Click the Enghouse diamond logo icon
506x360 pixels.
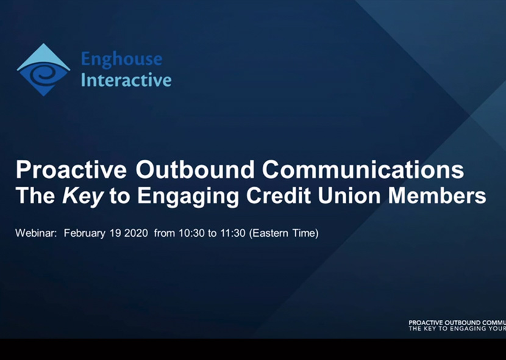(43, 70)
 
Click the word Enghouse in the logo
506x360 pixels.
(122, 59)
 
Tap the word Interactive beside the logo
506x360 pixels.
(126, 80)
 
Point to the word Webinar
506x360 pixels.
(36, 233)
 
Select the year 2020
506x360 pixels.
(135, 233)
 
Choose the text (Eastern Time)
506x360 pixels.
(283, 233)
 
